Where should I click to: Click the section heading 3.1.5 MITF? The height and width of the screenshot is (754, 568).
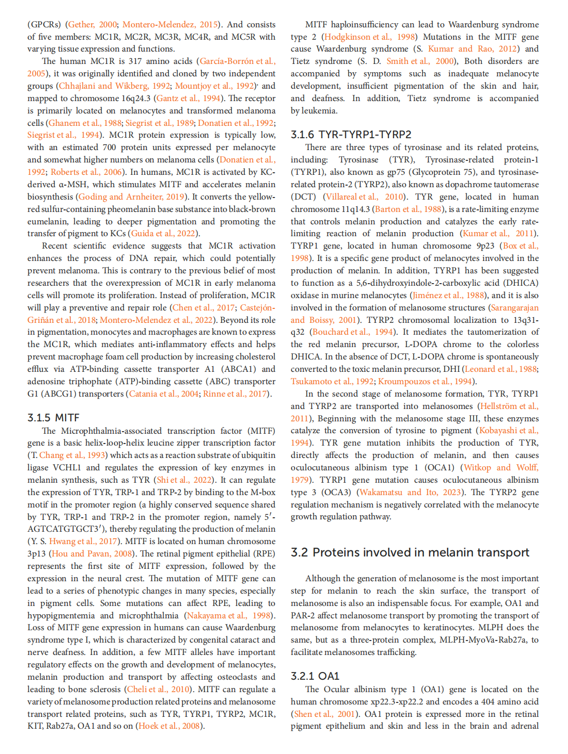click(x=53, y=417)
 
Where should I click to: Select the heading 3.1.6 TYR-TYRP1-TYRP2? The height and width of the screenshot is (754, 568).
click(x=351, y=135)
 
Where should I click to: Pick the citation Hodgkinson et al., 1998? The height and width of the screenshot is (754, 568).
click(x=369, y=37)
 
